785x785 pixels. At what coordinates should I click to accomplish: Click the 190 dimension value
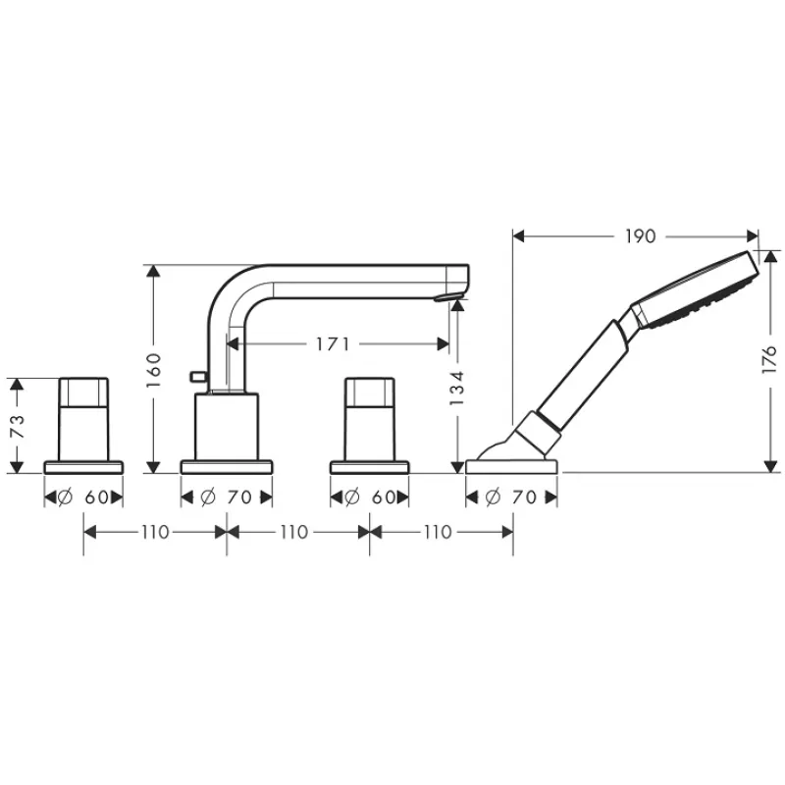[x=641, y=236]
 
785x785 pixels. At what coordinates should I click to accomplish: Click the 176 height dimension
[x=768, y=358]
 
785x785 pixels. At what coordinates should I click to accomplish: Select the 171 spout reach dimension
[x=333, y=344]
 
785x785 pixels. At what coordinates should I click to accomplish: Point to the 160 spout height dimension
[x=154, y=370]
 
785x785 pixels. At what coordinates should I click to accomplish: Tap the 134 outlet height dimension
[x=457, y=389]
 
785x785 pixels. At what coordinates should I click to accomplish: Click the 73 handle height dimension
[x=17, y=426]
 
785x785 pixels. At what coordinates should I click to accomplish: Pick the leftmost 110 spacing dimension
[x=155, y=532]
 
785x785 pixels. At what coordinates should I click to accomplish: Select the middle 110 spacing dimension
[x=293, y=532]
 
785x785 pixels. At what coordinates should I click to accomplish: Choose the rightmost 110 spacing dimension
[x=438, y=532]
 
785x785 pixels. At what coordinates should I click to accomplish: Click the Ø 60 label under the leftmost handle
[x=83, y=497]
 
